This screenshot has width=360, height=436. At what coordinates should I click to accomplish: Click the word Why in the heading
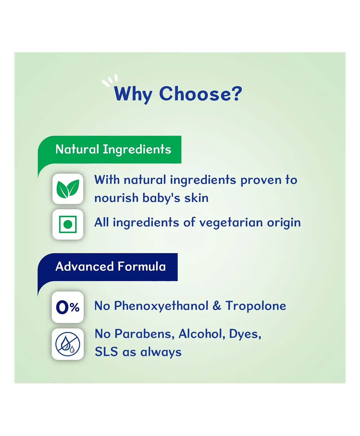pyautogui.click(x=133, y=94)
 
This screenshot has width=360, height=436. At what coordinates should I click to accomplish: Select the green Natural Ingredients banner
pyautogui.click(x=110, y=150)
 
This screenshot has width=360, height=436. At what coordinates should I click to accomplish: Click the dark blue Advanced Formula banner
pyautogui.click(x=107, y=267)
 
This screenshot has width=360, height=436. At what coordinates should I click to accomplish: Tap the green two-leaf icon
pyautogui.click(x=68, y=189)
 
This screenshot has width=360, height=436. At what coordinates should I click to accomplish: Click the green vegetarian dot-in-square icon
pyautogui.click(x=68, y=224)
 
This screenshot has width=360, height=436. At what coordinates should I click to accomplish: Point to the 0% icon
pyautogui.click(x=68, y=307)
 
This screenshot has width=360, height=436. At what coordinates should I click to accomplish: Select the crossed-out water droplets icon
pyautogui.click(x=68, y=344)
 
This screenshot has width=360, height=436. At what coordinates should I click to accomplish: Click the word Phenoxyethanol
pyautogui.click(x=161, y=306)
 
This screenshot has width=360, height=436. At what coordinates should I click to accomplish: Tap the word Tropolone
pyautogui.click(x=256, y=306)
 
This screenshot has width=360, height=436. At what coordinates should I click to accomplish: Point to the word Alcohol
pyautogui.click(x=202, y=334)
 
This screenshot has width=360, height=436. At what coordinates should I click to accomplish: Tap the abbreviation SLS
pyautogui.click(x=106, y=352)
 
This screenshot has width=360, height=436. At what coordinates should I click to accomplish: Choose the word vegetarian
pyautogui.click(x=231, y=223)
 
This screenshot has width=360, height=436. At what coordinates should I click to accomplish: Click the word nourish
pyautogui.click(x=116, y=198)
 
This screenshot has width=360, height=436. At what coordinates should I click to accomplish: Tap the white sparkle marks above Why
pyautogui.click(x=110, y=80)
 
